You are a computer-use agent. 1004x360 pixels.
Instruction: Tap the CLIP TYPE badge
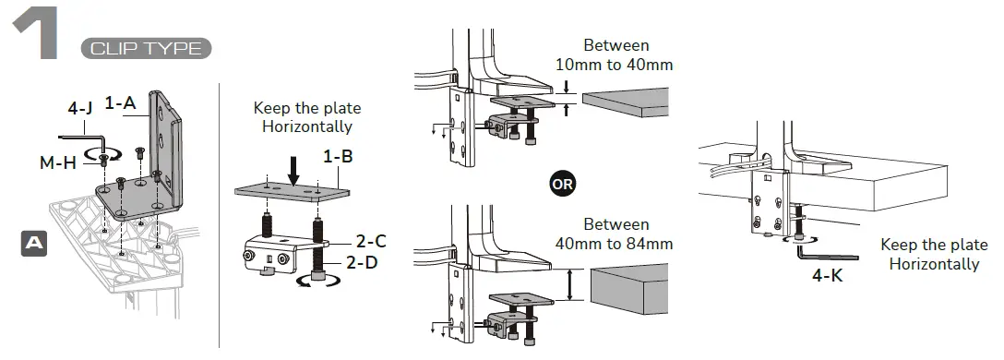click(x=146, y=48)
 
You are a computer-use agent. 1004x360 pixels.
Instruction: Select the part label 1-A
click(x=120, y=103)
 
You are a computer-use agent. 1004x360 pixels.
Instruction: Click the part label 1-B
click(x=338, y=156)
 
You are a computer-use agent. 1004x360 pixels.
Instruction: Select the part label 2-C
click(x=371, y=242)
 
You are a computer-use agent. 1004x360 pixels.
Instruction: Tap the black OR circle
click(x=561, y=183)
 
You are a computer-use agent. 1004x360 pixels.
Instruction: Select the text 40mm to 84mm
click(x=615, y=244)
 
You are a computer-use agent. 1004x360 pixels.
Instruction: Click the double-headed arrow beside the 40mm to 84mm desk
click(x=571, y=284)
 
